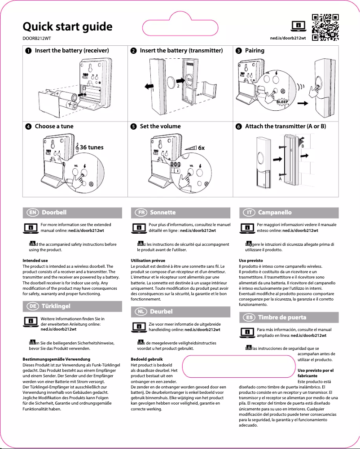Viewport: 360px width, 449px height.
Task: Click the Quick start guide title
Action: [67, 26]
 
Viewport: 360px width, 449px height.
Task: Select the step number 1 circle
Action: [29, 51]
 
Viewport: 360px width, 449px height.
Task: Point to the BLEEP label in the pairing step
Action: [282, 102]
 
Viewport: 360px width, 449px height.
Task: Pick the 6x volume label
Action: [202, 147]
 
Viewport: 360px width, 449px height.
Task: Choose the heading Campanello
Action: [275, 212]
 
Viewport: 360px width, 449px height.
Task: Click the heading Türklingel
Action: [56, 306]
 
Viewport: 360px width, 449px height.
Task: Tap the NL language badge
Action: [140, 311]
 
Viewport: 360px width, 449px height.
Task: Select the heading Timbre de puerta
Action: [282, 318]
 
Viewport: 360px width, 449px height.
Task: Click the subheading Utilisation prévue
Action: [147, 260]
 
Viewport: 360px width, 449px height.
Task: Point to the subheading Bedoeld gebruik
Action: [146, 359]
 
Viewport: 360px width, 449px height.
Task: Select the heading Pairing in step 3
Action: [255, 51]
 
